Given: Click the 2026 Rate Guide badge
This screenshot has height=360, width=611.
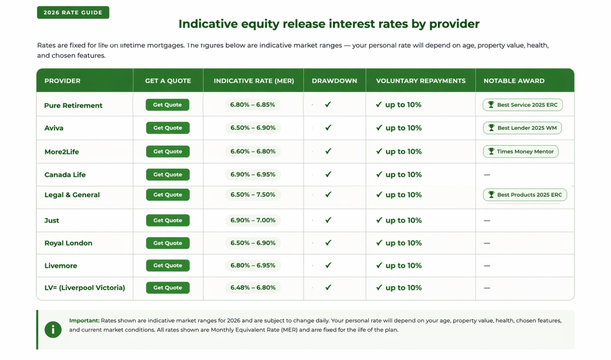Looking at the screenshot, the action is pos(73,13).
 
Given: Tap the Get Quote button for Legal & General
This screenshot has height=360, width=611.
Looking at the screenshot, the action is pos(168,195).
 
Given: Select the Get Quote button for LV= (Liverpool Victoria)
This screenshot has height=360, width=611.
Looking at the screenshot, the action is pos(168,288).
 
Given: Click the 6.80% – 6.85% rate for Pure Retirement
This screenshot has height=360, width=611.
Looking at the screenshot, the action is pos(252,105).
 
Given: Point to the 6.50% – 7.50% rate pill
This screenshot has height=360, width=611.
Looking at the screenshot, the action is pos(253,195).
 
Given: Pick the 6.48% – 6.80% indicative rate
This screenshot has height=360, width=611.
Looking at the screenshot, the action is pos(253,288).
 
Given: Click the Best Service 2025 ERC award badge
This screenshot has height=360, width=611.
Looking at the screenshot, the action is pos(523,105).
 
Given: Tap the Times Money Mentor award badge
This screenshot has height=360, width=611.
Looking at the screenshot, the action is pos(521,151).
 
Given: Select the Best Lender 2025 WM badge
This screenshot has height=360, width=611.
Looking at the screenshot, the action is pos(522,128).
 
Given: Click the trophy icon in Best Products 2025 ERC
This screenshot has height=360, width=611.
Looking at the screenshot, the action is pos(491,195).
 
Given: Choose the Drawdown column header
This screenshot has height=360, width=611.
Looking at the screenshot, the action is pos(335,81).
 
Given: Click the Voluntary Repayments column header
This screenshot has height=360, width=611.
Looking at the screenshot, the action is pos(420,81).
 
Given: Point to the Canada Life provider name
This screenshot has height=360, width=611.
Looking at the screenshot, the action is pos(65,175).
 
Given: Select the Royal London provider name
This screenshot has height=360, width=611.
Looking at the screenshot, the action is pos(68,243).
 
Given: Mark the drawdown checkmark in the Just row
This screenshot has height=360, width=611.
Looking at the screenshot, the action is pos(328,220).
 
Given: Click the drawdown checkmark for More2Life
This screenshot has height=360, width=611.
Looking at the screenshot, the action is pos(328,151).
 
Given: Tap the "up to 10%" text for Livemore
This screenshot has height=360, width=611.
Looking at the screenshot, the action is pos(403,266).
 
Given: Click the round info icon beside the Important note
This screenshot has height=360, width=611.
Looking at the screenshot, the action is pos(53,330).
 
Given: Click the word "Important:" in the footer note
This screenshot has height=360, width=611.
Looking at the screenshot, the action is pos(84,321).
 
